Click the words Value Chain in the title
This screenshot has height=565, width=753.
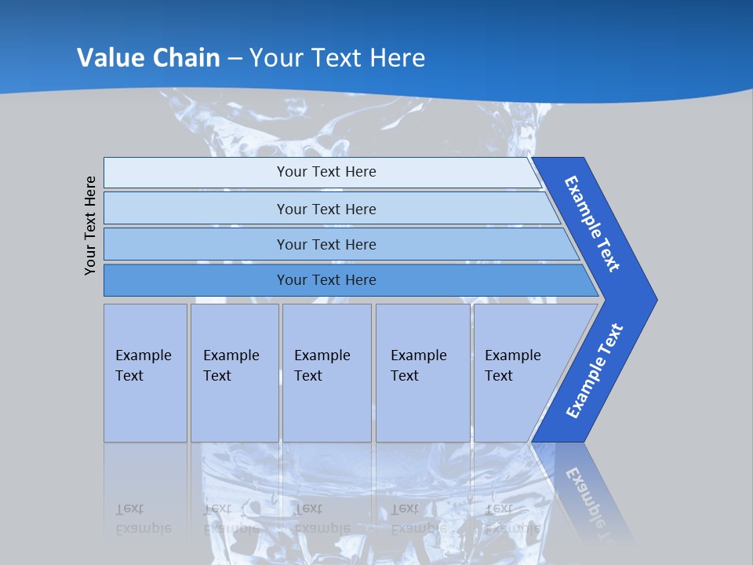tap(148, 57)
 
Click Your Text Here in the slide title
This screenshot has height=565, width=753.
tap(337, 57)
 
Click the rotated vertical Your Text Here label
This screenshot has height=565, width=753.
tap(90, 225)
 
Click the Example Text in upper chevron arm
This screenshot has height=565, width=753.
tap(593, 224)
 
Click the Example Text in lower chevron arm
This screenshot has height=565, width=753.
tap(594, 371)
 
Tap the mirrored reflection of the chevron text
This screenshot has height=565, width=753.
tap(592, 502)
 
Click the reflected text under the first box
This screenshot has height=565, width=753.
tap(144, 518)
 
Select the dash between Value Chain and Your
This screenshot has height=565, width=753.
tap(235, 58)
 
